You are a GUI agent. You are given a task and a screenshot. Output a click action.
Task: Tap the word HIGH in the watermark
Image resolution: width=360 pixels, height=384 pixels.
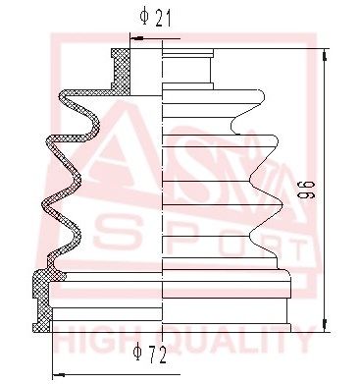[97, 342]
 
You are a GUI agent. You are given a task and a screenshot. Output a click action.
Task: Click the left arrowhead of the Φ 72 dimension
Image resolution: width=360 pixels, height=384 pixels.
[57, 373]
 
